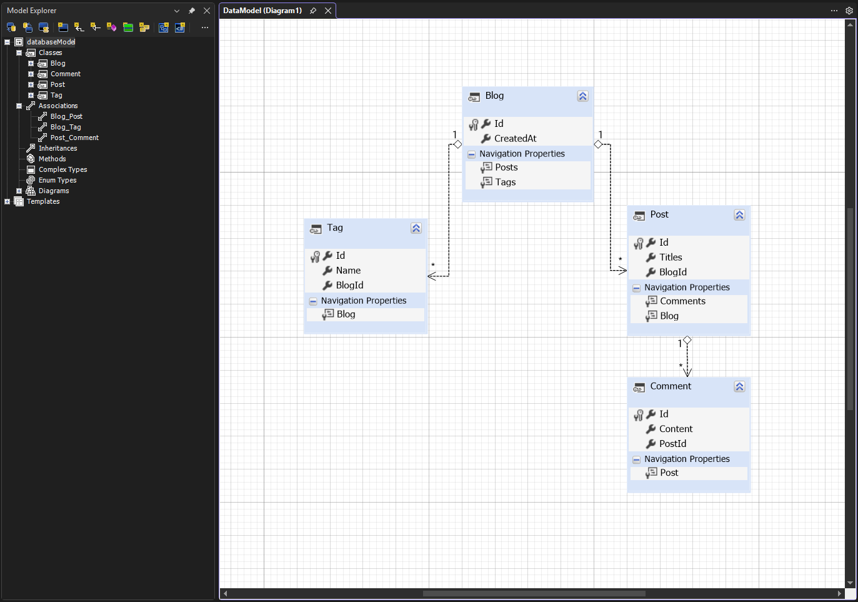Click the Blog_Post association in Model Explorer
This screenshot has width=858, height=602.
66,116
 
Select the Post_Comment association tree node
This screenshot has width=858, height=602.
74,138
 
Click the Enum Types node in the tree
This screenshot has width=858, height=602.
57,180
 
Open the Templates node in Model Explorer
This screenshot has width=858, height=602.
42,201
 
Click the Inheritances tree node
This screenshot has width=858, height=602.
57,148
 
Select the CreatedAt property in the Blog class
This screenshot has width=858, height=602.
515,139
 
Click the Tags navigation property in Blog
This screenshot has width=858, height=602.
505,183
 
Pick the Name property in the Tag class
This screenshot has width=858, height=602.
348,271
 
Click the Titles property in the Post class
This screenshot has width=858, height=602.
670,258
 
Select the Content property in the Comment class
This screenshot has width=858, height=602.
676,429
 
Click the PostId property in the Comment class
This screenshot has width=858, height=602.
672,444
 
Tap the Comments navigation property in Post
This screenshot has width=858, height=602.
682,301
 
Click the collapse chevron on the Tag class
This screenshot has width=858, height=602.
416,228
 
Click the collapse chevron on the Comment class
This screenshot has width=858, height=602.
739,386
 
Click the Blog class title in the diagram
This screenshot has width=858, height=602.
494,96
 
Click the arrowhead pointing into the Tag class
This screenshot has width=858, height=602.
432,276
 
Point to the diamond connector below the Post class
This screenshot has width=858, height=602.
687,340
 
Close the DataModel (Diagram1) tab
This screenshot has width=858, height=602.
328,11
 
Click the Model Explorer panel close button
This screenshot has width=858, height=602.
207,11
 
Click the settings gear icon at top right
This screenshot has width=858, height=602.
849,11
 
